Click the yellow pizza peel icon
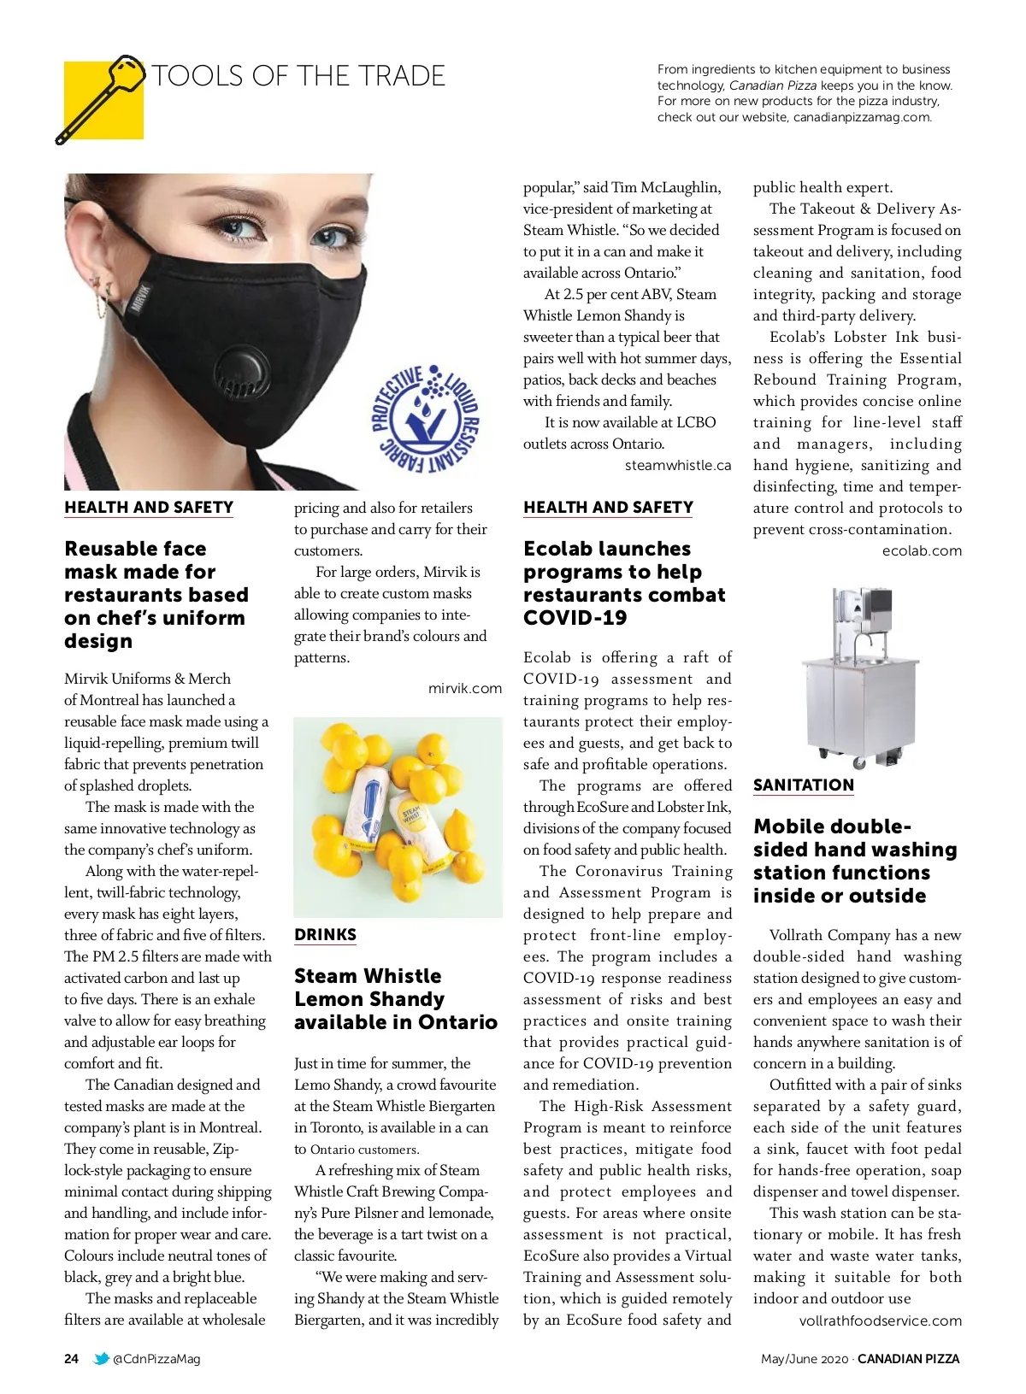coord(103,100)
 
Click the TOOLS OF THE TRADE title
coord(298,76)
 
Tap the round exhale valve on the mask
coord(233,378)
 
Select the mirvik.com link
coord(464,688)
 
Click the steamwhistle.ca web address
coord(677,466)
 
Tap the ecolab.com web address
coord(922,551)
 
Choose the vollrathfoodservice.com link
coord(880,1320)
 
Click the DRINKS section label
coord(325,935)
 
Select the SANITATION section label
coord(803,785)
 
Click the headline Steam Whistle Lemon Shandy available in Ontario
coord(395,999)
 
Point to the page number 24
coord(72,1359)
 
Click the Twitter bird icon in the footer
coord(101,1359)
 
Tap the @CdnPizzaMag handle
coord(156,1359)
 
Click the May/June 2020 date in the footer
coord(804,1359)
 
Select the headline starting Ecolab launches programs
coord(624,584)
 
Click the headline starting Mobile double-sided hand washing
coord(855,862)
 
